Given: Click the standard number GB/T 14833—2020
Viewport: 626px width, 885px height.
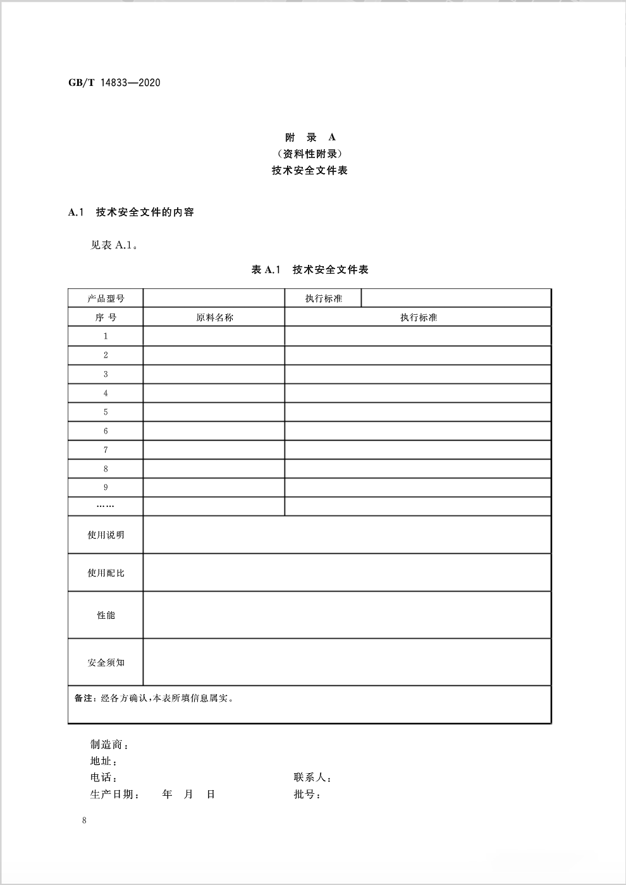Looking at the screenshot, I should [114, 83].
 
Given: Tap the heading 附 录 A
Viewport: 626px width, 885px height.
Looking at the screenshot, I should [310, 137].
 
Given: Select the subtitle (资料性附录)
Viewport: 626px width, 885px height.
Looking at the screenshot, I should [310, 154].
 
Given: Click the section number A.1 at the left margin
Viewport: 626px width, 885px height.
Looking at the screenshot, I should [76, 212].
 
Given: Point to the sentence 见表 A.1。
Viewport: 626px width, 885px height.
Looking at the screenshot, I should [114, 245].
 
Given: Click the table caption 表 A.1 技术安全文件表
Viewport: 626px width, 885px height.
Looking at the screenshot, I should [310, 270].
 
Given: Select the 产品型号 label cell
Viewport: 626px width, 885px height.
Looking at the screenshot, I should [106, 298].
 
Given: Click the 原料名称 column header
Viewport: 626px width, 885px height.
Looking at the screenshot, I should [214, 317].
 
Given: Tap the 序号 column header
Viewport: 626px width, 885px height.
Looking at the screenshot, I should [106, 317].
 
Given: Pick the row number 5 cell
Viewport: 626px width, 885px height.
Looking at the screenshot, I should [106, 412].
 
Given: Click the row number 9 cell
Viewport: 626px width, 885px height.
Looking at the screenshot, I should [106, 487].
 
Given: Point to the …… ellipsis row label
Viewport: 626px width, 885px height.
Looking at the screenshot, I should [106, 506].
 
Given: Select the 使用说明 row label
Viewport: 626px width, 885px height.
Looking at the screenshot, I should [106, 535].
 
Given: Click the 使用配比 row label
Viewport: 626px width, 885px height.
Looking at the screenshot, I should [106, 573].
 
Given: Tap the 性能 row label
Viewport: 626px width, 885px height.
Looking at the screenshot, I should [106, 615].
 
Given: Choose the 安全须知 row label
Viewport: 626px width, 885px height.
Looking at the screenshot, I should [106, 662].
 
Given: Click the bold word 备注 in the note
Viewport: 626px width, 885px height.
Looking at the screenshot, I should [83, 699].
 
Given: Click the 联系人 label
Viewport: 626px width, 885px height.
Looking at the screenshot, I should [311, 778].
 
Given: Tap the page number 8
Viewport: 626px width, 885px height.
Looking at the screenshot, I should [84, 821].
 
